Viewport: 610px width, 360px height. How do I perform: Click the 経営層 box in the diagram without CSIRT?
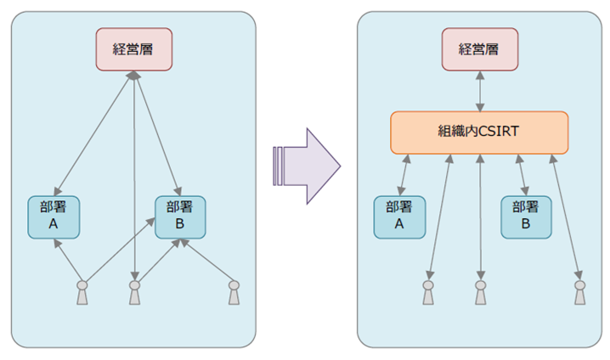tap(133, 49)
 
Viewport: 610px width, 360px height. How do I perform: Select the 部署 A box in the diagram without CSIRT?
tap(54, 217)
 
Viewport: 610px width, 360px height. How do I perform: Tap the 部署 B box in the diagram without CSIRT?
tap(180, 217)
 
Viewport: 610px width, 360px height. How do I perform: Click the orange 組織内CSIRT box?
tap(479, 132)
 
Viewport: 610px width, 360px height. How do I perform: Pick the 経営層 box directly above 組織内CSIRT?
tap(480, 49)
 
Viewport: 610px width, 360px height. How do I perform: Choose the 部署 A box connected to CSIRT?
tap(399, 217)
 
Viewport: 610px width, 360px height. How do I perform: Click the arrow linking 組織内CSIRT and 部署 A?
tap(404, 175)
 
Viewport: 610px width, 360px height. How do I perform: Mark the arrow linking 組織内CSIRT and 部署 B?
tap(522, 175)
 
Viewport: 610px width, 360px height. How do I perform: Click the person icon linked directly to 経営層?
tap(134, 292)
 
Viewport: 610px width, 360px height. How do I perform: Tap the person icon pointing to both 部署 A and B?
tap(82, 292)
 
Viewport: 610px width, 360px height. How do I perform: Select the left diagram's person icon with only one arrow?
tap(234, 292)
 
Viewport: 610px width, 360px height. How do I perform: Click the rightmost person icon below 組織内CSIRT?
tap(579, 292)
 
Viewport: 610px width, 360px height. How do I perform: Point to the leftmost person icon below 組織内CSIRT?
tap(428, 292)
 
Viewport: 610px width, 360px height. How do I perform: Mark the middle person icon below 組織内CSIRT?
tap(480, 292)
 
